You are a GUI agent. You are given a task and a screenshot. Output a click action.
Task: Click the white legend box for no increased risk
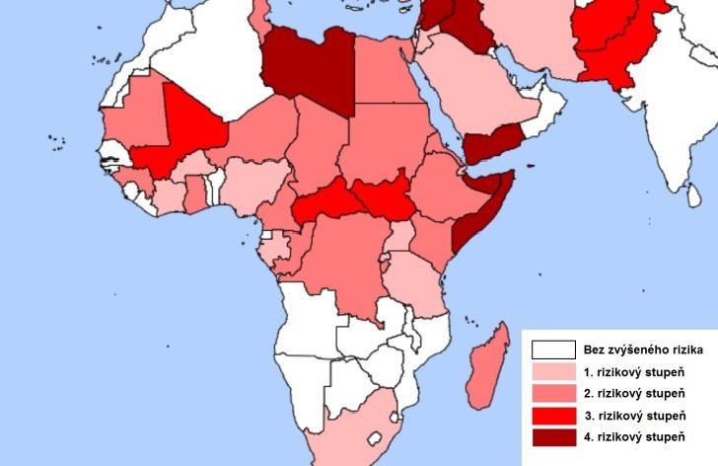pyautogui.click(x=552, y=349)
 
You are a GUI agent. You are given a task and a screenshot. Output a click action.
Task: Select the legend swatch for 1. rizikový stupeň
pyautogui.click(x=552, y=371)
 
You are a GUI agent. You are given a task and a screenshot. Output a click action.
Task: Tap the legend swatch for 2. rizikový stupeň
pyautogui.click(x=552, y=393)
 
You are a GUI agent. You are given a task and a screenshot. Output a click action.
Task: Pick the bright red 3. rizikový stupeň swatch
pyautogui.click(x=552, y=415)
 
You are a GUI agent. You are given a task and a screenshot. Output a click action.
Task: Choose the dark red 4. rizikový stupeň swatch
pyautogui.click(x=552, y=436)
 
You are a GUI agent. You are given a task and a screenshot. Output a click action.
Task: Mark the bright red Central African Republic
pyautogui.click(x=325, y=201)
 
